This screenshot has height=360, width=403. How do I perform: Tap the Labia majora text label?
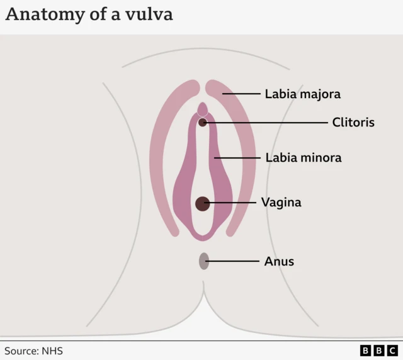coord(302,94)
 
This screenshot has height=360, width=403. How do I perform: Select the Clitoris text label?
coord(353,122)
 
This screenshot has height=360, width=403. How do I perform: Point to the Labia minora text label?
coord(304,157)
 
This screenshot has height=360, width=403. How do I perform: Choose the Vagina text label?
coord(281,203)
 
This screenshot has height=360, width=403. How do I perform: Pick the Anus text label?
coord(279,261)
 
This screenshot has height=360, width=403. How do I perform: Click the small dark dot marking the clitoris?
coord(203,122)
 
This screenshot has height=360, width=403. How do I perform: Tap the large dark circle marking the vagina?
coord(202,203)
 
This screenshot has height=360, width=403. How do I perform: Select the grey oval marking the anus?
coord(204,261)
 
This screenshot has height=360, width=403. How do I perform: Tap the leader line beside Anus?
coord(233,261)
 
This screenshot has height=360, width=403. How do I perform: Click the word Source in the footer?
coord(22,351)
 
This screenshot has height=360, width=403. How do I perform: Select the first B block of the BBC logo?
coord(366,351)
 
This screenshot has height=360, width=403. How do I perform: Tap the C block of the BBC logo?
coord(392,351)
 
